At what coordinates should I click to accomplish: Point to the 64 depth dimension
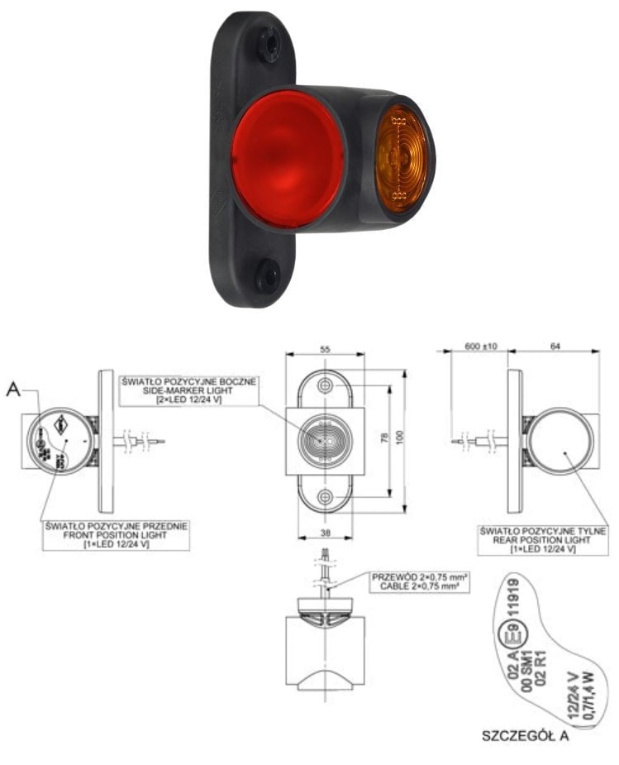pos(553,345)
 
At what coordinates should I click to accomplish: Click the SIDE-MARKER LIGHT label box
pos(189,390)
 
